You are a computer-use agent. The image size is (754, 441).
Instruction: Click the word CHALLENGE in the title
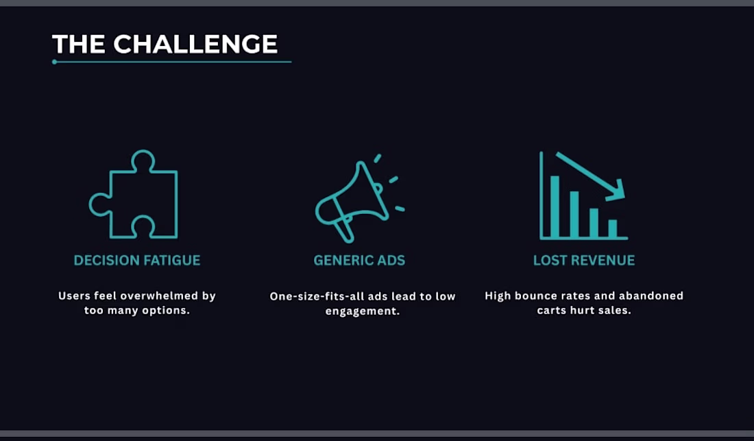[x=195, y=45]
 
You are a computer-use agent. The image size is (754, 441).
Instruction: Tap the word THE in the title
[x=78, y=45]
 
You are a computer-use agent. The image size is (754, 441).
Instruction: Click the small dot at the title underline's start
[x=54, y=62]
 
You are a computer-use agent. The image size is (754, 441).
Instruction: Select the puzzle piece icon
[x=134, y=194]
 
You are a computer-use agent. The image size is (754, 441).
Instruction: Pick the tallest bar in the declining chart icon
[x=555, y=206]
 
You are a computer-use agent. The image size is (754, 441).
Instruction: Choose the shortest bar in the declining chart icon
[x=613, y=228]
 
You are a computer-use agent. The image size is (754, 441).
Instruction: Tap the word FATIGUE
[x=169, y=260]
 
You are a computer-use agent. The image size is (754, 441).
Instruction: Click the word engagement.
[x=363, y=311]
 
